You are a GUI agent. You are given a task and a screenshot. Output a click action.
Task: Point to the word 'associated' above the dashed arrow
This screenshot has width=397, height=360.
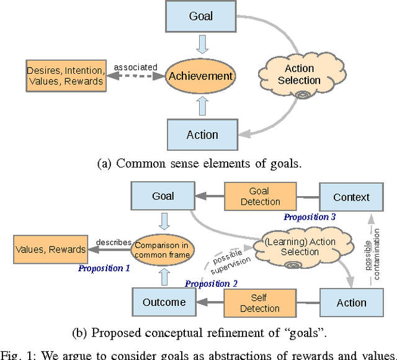coord(136,67)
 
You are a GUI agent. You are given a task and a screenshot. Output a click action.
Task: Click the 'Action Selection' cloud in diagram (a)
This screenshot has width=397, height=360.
coord(299,75)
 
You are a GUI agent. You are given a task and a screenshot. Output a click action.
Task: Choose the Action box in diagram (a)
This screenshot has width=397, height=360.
coord(202,134)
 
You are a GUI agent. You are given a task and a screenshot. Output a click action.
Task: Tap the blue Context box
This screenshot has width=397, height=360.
coord(351,197)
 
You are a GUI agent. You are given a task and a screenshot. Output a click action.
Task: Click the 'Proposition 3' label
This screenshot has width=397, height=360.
coord(310,217)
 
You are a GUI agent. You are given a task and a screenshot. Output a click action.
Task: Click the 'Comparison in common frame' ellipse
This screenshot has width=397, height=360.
coord(164,250)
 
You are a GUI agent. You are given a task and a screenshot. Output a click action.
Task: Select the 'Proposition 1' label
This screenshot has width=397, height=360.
coord(104,268)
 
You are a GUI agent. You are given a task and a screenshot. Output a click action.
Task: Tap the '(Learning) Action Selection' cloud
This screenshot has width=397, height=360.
coord(299,246)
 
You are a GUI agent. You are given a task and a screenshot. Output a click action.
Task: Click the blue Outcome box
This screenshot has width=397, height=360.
coord(164,302)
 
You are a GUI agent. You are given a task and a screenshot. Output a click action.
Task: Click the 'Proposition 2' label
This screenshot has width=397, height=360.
coord(211,283)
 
